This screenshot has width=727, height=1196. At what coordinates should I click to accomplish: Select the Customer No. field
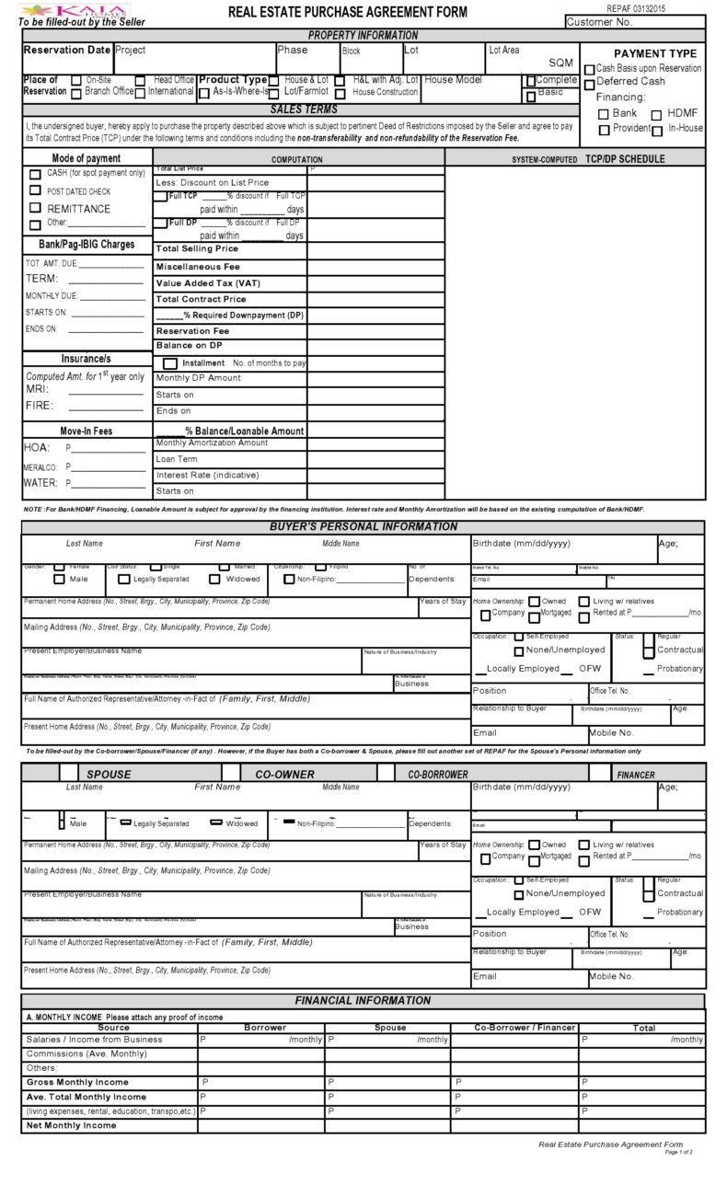pyautogui.click(x=634, y=22)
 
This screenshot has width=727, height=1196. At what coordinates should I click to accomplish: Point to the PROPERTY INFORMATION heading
pyautogui.click(x=363, y=35)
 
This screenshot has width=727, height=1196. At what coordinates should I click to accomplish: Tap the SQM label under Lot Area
pyautogui.click(x=560, y=63)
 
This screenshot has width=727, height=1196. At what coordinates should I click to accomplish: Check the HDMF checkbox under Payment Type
pyautogui.click(x=657, y=114)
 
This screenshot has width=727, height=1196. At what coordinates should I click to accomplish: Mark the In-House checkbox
pyautogui.click(x=657, y=131)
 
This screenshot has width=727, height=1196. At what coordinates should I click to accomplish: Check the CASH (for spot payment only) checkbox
pyautogui.click(x=35, y=174)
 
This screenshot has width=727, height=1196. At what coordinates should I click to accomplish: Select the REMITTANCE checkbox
pyautogui.click(x=35, y=209)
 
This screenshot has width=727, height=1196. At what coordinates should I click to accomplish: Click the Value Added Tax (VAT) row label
pyautogui.click(x=207, y=283)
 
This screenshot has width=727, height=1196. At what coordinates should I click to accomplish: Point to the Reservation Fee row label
pyautogui.click(x=192, y=331)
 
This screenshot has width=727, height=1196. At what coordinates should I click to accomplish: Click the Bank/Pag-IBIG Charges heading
pyautogui.click(x=87, y=245)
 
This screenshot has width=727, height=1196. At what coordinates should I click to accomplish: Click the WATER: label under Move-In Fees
pyautogui.click(x=40, y=482)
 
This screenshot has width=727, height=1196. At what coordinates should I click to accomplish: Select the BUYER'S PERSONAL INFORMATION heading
pyautogui.click(x=363, y=527)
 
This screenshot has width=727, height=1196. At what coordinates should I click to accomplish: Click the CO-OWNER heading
pyautogui.click(x=284, y=775)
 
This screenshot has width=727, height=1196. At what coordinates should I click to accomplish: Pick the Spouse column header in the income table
pyautogui.click(x=390, y=1028)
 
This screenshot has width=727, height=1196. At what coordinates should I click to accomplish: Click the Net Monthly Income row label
pyautogui.click(x=71, y=1125)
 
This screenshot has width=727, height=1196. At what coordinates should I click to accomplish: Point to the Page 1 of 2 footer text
pyautogui.click(x=677, y=1152)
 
